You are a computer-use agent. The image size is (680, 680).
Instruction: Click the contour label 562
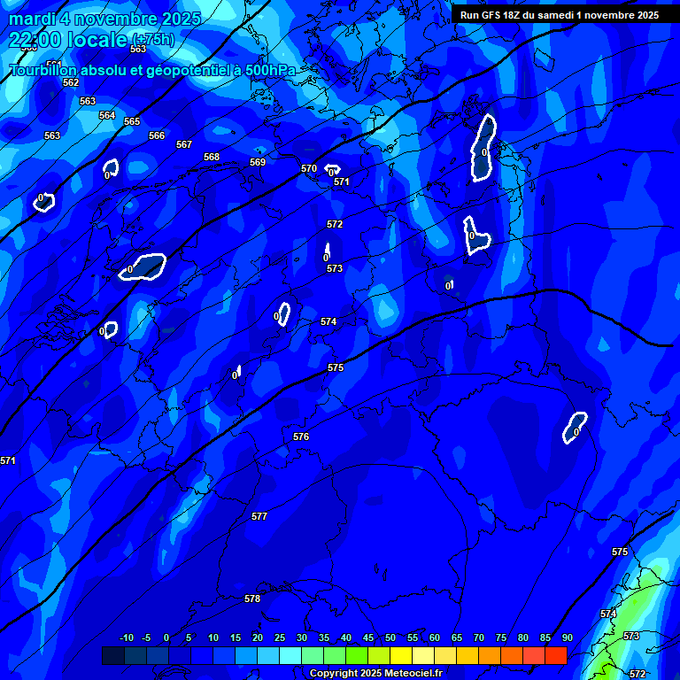tap(71, 82)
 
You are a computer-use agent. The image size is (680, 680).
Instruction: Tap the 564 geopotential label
tap(107, 115)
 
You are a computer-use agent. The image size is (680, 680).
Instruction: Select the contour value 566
tap(157, 135)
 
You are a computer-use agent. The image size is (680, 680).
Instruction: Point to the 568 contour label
tap(211, 157)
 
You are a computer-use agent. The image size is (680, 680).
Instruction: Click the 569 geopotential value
tap(258, 162)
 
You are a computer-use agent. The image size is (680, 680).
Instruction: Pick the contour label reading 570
tap(308, 168)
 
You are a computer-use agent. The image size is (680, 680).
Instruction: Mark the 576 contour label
tap(301, 437)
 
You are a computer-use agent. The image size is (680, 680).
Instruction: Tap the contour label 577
tap(259, 515)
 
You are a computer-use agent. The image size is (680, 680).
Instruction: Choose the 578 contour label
tap(252, 599)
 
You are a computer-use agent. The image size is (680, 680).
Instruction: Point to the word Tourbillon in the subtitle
tap(46, 70)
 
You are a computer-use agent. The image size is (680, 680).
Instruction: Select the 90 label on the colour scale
tap(567, 637)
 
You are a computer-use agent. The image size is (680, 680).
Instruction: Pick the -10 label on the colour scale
tap(127, 637)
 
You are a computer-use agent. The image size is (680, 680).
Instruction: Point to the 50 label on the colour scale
tap(390, 637)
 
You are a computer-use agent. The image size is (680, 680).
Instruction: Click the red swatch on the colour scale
tap(555, 655)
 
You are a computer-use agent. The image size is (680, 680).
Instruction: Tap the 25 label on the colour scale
tap(279, 637)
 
